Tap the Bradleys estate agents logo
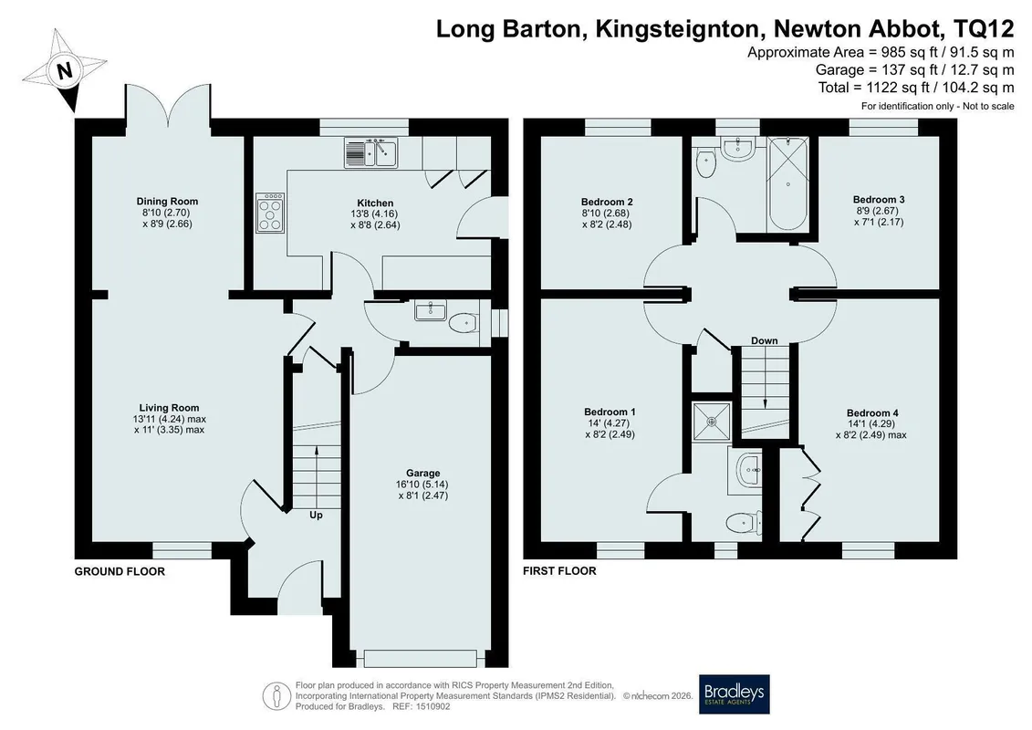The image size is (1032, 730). [734, 693]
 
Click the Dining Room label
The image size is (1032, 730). [167, 202]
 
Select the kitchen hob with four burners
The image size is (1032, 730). [270, 213]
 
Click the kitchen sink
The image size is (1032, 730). [370, 152]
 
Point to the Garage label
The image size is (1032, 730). [423, 473]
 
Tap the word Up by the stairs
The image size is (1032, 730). [316, 515]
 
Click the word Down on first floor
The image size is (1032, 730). [764, 340]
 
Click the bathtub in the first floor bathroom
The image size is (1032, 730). [788, 184]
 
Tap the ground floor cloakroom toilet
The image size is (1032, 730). [463, 323]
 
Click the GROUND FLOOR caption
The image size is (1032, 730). [120, 571]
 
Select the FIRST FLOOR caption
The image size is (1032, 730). [559, 570]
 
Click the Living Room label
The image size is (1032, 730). [169, 408]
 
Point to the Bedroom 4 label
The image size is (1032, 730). [872, 413]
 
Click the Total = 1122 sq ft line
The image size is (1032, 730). [916, 88]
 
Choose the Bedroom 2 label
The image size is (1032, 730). [607, 202]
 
